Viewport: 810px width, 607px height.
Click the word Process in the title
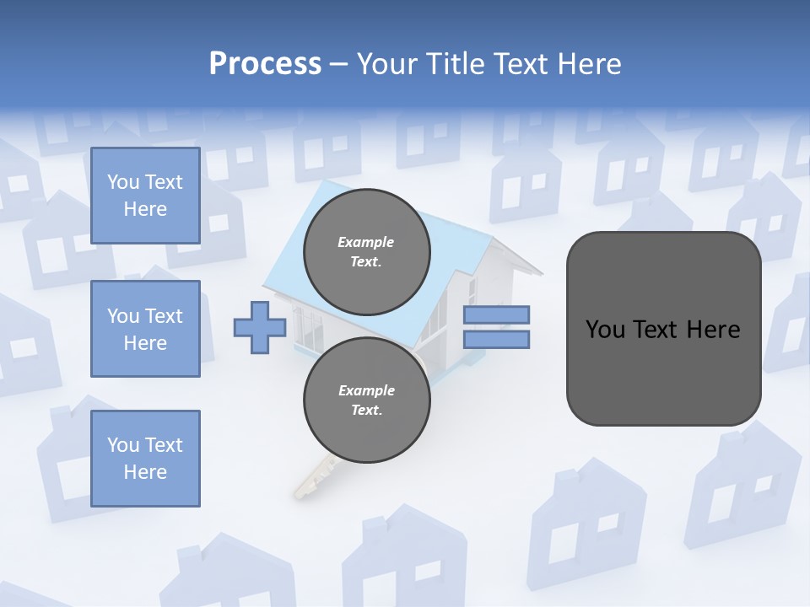[x=265, y=64]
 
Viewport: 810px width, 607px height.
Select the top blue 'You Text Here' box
[x=145, y=196]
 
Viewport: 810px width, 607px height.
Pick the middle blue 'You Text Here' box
[x=145, y=329]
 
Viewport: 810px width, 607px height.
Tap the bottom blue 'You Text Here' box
[x=145, y=459]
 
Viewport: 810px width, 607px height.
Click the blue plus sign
[x=260, y=327]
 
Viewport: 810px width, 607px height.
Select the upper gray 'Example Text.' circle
[x=366, y=251]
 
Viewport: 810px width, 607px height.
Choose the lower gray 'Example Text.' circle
[x=366, y=400]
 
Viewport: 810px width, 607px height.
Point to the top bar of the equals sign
[x=496, y=314]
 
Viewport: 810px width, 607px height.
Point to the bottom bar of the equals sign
[x=496, y=339]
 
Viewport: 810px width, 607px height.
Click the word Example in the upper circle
[x=365, y=242]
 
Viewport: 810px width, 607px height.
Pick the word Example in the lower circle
[x=366, y=390]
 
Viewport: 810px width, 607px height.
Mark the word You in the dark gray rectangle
[x=605, y=330]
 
